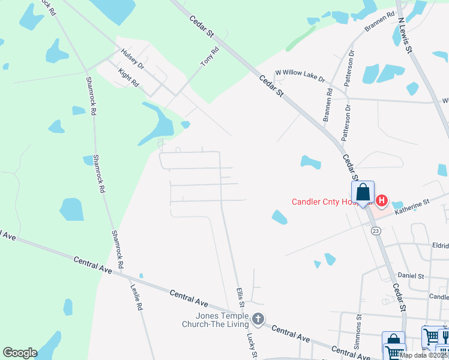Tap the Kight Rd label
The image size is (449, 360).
[128, 78]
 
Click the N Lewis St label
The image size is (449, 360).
[405, 35]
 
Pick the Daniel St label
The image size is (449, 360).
[412, 275]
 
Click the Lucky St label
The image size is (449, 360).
[252, 347]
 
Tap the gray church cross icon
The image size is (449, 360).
[258, 319]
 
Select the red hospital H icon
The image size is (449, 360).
[381, 200]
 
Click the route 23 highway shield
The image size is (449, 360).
[376, 230]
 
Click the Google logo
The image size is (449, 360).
[20, 353]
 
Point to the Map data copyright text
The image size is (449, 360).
[424, 355]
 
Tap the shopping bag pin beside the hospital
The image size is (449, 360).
[363, 193]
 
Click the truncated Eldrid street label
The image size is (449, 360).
[440, 245]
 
